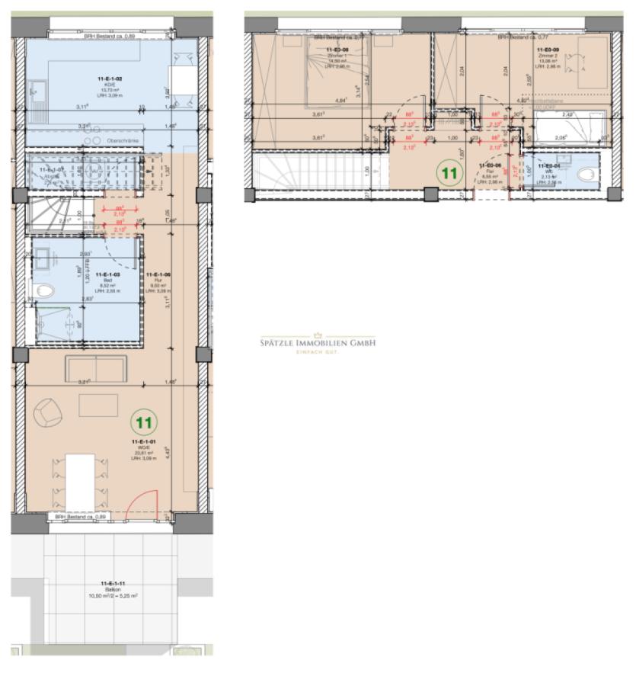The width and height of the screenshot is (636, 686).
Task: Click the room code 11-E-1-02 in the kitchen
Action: pyautogui.click(x=112, y=79)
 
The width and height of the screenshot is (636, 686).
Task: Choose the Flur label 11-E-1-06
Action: pyautogui.click(x=161, y=274)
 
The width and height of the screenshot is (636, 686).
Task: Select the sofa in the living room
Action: pyautogui.click(x=96, y=368)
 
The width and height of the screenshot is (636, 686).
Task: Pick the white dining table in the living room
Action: pyautogui.click(x=80, y=480)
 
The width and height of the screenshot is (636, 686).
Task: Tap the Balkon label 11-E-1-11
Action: pyautogui.click(x=112, y=585)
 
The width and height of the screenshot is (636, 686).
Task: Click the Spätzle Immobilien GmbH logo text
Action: pyautogui.click(x=318, y=344)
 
